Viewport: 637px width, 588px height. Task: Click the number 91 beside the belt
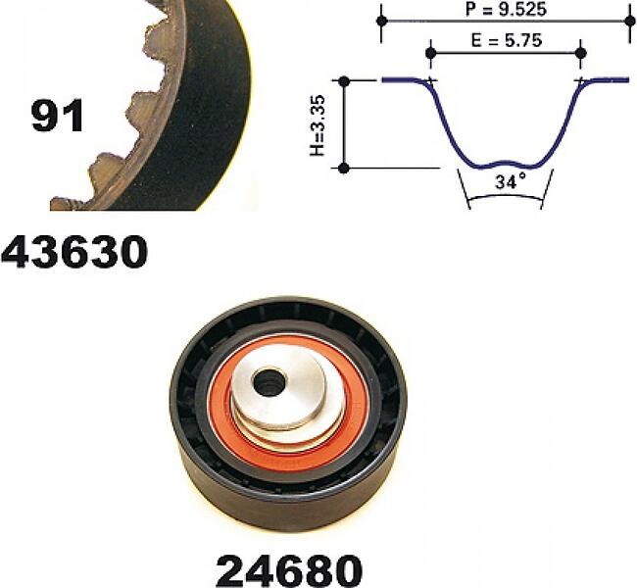point(57,116)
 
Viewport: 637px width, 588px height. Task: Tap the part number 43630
point(74,252)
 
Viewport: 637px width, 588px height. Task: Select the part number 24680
point(289,570)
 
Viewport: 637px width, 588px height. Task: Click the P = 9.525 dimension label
point(506,10)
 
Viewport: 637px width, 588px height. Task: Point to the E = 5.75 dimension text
point(507,40)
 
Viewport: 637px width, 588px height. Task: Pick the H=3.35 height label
point(318,125)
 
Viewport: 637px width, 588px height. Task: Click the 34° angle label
point(511,181)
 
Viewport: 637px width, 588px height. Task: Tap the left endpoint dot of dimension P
point(381,21)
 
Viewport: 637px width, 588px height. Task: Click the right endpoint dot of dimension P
point(631,21)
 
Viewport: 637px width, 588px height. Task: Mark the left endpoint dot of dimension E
point(431,53)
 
